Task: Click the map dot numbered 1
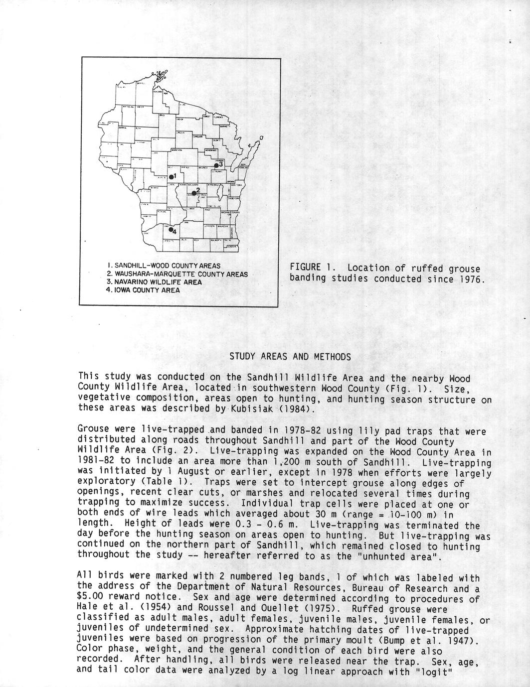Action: pyautogui.click(x=171, y=177)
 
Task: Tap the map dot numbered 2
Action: pyautogui.click(x=193, y=193)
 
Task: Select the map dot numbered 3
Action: pyautogui.click(x=216, y=165)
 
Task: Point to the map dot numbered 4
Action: pyautogui.click(x=171, y=230)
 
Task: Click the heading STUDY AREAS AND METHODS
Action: pyautogui.click(x=290, y=357)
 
